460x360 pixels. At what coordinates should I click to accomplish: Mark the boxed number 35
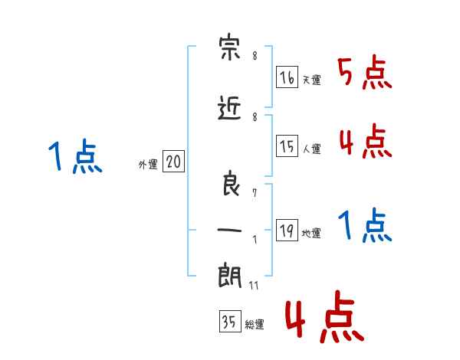coord(228,322)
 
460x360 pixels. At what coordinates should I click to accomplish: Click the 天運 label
coord(311,80)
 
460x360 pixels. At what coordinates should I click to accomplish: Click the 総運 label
coord(254,325)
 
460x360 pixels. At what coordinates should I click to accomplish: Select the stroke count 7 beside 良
coord(254,195)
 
